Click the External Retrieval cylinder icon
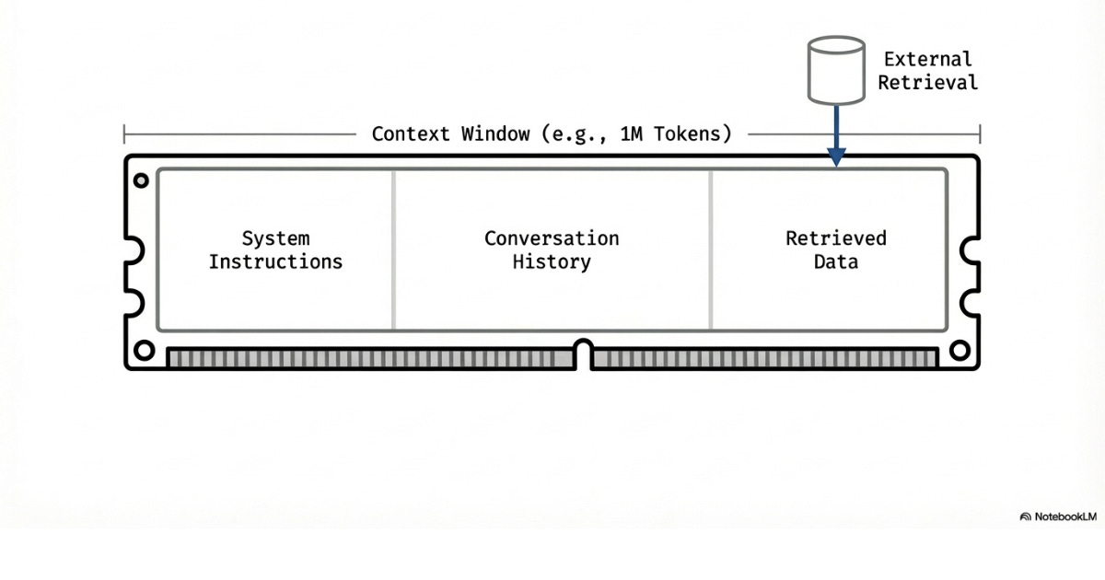coord(835,70)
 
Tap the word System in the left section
coord(275,238)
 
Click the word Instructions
coord(275,261)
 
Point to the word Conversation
coord(552,238)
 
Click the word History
coord(552,261)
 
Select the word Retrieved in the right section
coord(835,238)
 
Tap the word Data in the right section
coord(835,261)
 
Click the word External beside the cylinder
coord(927,59)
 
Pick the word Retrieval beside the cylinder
coord(927,82)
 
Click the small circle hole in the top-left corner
coord(141,180)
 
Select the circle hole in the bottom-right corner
coord(960,350)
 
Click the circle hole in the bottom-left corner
coord(144,350)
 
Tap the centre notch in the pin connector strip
coord(583,353)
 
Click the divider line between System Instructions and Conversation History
coord(393,249)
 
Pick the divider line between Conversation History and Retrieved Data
coord(711,249)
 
